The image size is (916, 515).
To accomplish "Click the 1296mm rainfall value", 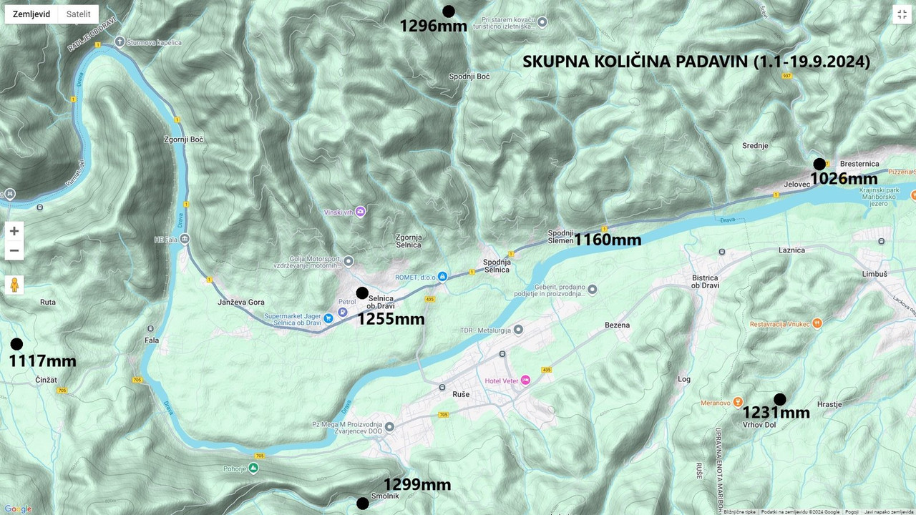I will (433, 26).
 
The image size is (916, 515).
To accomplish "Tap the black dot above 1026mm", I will (819, 164).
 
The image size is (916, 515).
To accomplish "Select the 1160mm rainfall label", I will (608, 240).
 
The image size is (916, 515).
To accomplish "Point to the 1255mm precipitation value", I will (391, 319).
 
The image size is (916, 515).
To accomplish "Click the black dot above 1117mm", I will (16, 344).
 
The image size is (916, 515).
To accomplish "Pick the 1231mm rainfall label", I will (776, 413).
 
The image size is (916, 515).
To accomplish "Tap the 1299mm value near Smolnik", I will (417, 485).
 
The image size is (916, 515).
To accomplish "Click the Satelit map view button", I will (78, 14).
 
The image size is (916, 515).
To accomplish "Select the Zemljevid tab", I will (31, 14).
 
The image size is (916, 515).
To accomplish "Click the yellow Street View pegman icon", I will (14, 285).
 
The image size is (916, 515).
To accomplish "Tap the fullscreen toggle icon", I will (902, 14).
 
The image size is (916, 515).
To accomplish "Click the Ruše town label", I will (462, 393).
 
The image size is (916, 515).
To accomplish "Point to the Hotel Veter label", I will (502, 381).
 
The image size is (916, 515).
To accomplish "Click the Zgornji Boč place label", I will (184, 139).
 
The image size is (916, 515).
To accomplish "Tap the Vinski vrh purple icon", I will (360, 212).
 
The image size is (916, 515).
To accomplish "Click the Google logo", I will (18, 509).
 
